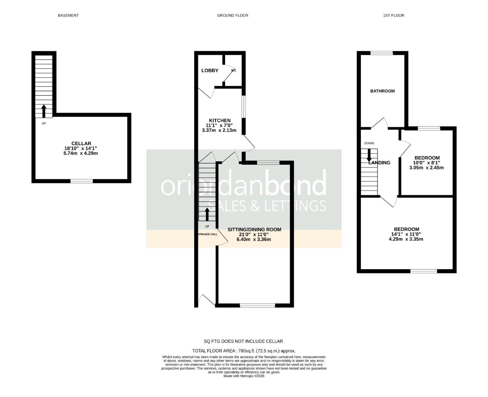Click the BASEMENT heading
click(68, 15)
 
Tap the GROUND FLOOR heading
click(232, 15)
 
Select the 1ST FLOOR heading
click(393, 15)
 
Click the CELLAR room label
click(81, 143)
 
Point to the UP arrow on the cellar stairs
click(44, 111)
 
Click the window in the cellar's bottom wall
click(82, 181)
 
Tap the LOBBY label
click(210, 71)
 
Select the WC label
click(234, 71)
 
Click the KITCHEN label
click(220, 121)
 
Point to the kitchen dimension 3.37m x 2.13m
click(219, 130)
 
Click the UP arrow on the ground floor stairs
click(207, 214)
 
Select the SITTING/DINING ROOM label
click(254, 230)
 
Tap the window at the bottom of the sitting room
click(257, 305)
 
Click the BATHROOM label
click(382, 91)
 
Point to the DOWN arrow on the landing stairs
click(369, 155)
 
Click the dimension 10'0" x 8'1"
click(426, 163)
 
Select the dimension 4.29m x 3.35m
click(406, 239)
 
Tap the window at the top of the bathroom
click(382, 53)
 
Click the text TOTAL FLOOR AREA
click(214, 351)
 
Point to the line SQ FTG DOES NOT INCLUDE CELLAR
click(243, 341)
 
